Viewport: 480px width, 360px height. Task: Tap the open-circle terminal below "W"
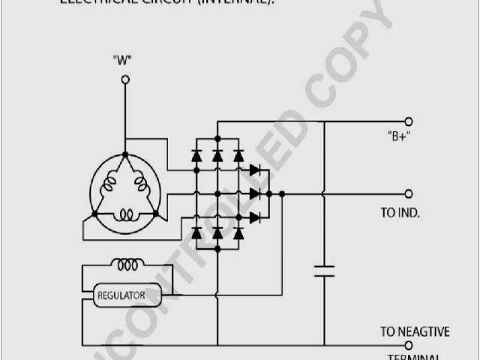tap(125, 78)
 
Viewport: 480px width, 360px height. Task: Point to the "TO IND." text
tap(400, 213)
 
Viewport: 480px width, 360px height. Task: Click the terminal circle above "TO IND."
tap(409, 193)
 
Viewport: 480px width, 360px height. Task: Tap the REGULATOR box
tap(121, 295)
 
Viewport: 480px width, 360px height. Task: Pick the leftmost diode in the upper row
tap(196, 156)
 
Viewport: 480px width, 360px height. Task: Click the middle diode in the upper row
tap(217, 156)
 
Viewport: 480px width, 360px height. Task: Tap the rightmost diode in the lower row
tap(238, 232)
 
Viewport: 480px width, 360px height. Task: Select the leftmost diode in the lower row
tap(196, 232)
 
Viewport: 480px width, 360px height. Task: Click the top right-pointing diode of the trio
tap(255, 170)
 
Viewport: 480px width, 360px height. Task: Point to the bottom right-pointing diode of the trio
tap(255, 217)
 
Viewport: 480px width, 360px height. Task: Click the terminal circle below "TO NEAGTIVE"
tap(409, 346)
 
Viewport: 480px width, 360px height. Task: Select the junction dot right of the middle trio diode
tap(281, 193)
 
